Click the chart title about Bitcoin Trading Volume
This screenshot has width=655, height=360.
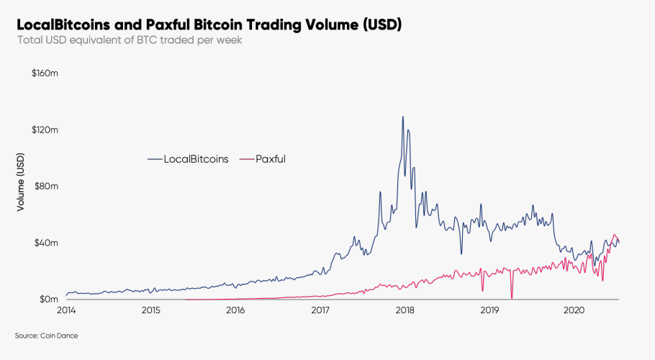pyautogui.click(x=209, y=24)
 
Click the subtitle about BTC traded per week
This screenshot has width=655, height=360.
pyautogui.click(x=130, y=40)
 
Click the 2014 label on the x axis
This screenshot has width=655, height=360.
pyautogui.click(x=66, y=311)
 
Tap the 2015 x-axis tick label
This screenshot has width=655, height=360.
pyautogui.click(x=150, y=311)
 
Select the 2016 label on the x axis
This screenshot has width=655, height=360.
pyautogui.click(x=235, y=311)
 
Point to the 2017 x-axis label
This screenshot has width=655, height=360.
pyautogui.click(x=320, y=311)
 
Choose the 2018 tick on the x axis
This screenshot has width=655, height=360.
pyautogui.click(x=405, y=311)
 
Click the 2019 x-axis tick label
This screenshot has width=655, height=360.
pyautogui.click(x=489, y=311)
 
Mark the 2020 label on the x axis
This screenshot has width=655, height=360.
pyautogui.click(x=574, y=311)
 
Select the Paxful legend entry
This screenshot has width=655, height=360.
pyautogui.click(x=266, y=159)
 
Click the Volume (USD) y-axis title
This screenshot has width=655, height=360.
pyautogui.click(x=21, y=184)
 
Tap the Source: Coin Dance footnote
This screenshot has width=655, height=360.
pyautogui.click(x=47, y=336)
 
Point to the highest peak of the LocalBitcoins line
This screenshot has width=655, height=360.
pyautogui.click(x=402, y=117)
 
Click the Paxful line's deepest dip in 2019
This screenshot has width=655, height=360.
pyautogui.click(x=511, y=297)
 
